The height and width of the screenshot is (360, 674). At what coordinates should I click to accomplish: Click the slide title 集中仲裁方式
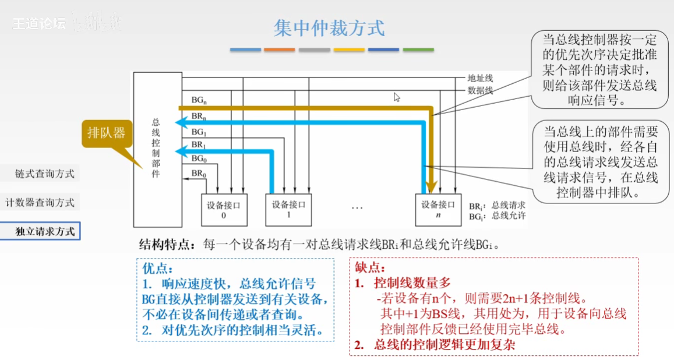click(x=329, y=28)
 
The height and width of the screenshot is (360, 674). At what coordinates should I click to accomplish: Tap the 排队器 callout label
click(x=106, y=133)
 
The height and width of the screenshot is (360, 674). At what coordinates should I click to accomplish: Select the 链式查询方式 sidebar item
click(x=45, y=174)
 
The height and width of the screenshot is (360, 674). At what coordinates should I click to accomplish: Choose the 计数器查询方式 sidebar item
click(x=40, y=202)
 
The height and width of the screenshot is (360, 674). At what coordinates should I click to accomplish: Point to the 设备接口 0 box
click(x=224, y=210)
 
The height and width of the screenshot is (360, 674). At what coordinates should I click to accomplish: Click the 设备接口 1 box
click(x=288, y=210)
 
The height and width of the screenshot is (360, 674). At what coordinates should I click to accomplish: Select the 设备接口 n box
click(x=438, y=210)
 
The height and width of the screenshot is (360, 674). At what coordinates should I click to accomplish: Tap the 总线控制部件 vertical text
click(x=156, y=148)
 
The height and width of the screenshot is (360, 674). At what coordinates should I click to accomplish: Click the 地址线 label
click(x=480, y=78)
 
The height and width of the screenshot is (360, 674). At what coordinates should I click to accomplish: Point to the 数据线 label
click(x=480, y=90)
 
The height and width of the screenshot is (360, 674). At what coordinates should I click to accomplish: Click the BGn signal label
click(x=199, y=101)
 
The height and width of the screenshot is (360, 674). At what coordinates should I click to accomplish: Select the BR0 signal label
click(x=199, y=174)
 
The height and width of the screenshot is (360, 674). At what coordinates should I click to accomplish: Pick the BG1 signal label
click(x=199, y=132)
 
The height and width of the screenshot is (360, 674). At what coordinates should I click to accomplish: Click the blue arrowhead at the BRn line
click(x=181, y=123)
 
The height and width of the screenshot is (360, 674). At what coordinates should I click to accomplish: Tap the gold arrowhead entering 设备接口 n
click(x=432, y=188)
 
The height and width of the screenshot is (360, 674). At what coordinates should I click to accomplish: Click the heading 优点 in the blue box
click(x=157, y=269)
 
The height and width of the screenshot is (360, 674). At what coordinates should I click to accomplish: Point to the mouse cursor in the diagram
click(x=397, y=97)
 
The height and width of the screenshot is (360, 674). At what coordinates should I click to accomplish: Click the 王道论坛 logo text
click(x=39, y=24)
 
